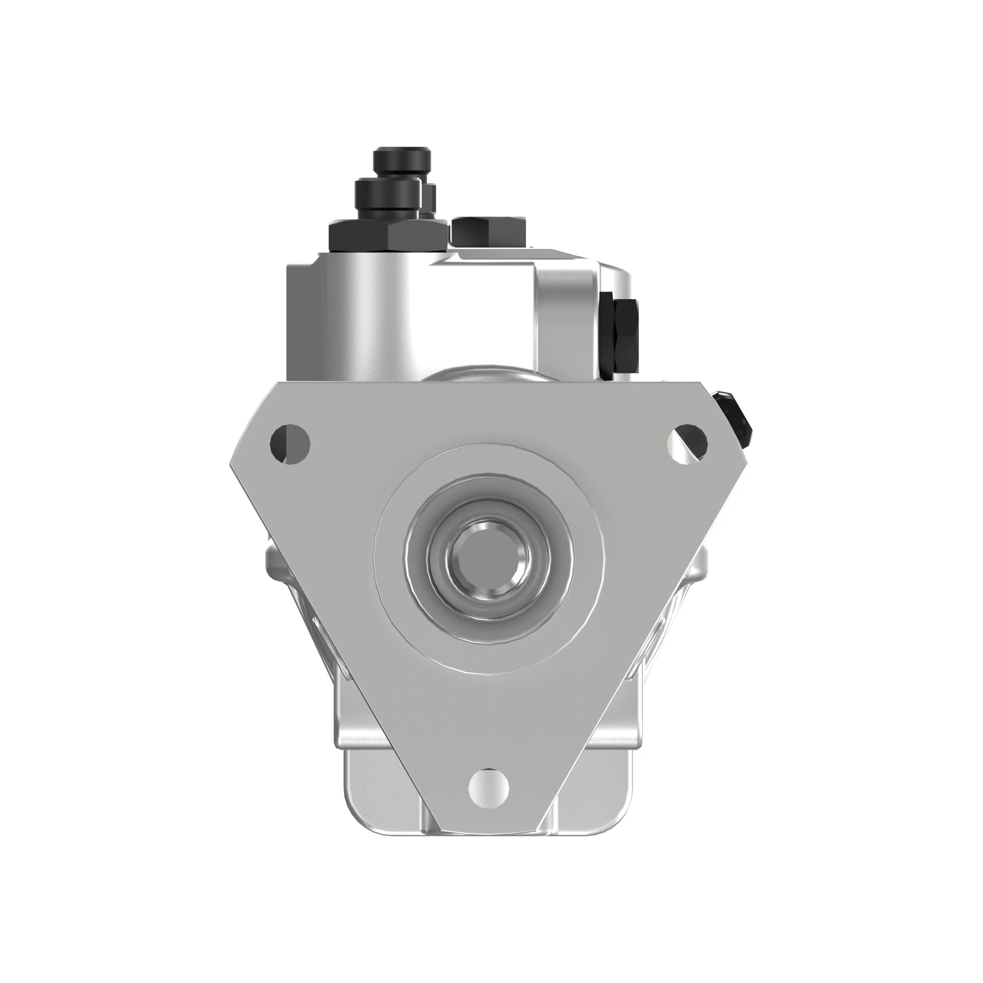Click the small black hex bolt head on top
pos(488,232)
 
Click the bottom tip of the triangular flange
pos(489,837)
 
